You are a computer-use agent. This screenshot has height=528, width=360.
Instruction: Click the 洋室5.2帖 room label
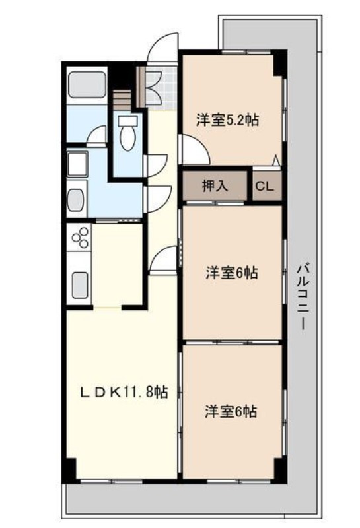coord(227,120)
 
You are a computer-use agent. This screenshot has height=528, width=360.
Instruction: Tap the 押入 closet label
coord(215,186)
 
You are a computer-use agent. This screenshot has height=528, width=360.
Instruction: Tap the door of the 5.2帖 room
coord(194,148)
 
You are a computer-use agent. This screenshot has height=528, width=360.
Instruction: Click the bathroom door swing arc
coord(98,135)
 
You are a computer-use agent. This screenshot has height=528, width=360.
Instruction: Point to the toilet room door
coord(157,165)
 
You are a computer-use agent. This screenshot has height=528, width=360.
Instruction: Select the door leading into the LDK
coord(164,261)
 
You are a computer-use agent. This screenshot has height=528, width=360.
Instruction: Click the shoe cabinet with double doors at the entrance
coord(153,86)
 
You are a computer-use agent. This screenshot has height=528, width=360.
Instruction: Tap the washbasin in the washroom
coord(77,162)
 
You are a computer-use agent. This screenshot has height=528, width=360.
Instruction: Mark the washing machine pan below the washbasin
coord(77,198)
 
